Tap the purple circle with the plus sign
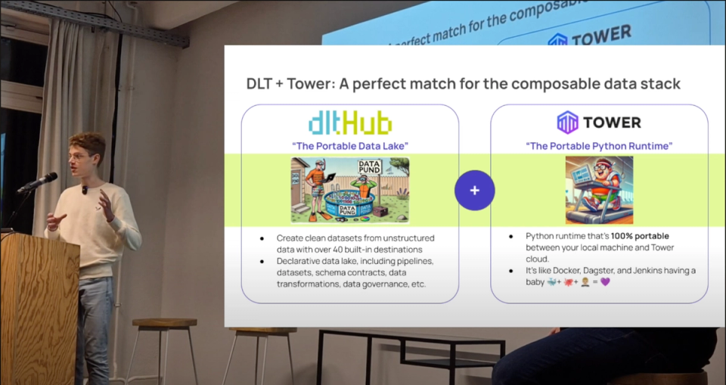474,191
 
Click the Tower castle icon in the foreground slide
567,123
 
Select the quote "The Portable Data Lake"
349,145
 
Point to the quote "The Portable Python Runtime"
598,145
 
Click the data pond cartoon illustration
349,191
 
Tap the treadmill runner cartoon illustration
599,190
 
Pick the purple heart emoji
605,281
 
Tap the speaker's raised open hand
106,203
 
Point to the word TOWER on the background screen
602,35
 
